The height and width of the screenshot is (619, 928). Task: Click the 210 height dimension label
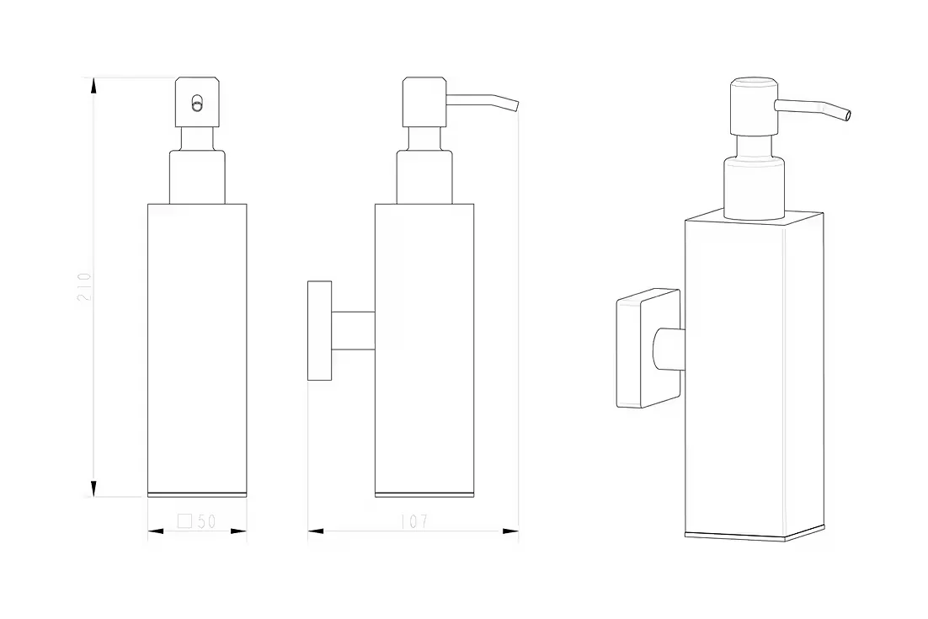pos(85,286)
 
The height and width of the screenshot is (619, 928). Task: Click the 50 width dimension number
pos(206,521)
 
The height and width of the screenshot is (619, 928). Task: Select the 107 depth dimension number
pos(414,521)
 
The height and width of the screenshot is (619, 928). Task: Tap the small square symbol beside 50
pos(184,520)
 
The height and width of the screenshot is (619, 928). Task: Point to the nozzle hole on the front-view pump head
pos(196,104)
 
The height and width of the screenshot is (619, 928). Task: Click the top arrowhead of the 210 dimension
pos(93,86)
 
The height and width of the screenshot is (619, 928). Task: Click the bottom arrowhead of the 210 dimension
pos(93,488)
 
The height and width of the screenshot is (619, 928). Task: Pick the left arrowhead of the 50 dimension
pos(156,531)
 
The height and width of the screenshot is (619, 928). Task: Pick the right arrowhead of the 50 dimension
pos(238,531)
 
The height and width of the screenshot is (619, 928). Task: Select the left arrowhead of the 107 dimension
pos(316,531)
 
